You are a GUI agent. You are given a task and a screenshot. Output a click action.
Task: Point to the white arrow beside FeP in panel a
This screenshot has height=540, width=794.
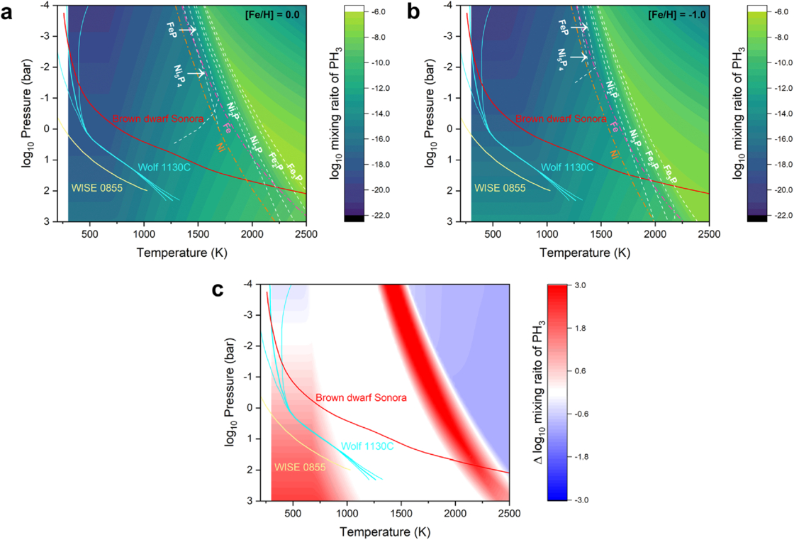(x=186, y=31)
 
